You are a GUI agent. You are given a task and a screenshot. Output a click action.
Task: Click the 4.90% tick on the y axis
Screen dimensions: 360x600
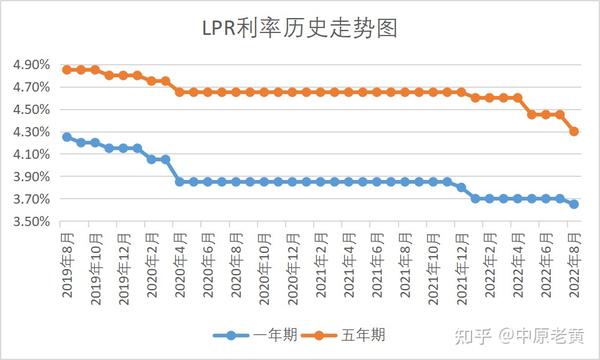(x=32, y=64)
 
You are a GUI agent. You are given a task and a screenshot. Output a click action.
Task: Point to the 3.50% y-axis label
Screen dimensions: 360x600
(x=32, y=221)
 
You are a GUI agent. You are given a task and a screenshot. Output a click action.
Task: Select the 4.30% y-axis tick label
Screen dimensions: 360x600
(x=32, y=132)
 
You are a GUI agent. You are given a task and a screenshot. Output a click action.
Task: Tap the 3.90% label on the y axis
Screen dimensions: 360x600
(x=32, y=177)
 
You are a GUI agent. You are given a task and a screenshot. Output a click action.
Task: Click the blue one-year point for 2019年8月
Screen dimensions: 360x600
(x=67, y=137)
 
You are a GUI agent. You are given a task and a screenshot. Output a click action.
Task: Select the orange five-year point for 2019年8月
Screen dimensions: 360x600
(x=67, y=70)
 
